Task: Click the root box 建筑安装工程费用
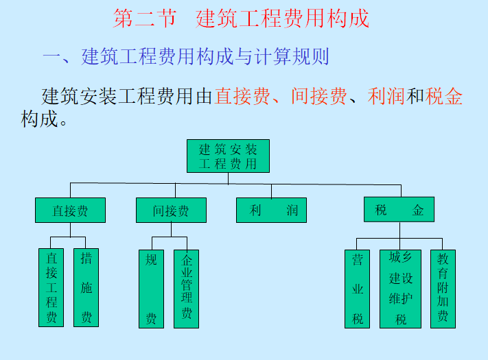click(228, 156)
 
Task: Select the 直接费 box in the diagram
click(70, 211)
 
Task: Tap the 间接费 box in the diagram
click(170, 211)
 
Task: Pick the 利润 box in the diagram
click(270, 211)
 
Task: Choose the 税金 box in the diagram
click(399, 211)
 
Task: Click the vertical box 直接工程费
click(51, 288)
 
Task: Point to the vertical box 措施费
click(86, 288)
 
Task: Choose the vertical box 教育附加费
click(443, 288)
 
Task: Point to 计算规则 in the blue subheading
click(292, 56)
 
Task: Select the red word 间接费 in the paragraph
click(318, 96)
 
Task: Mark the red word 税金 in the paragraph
click(443, 96)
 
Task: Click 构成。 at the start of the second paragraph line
click(44, 119)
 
